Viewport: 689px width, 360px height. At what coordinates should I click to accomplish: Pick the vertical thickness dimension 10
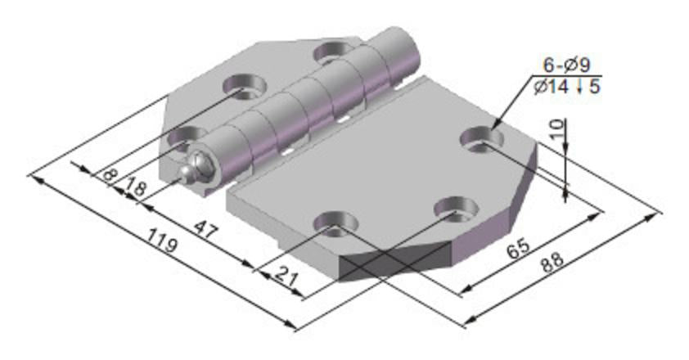point(558,133)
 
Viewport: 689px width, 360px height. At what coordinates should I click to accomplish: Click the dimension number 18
point(135,187)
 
